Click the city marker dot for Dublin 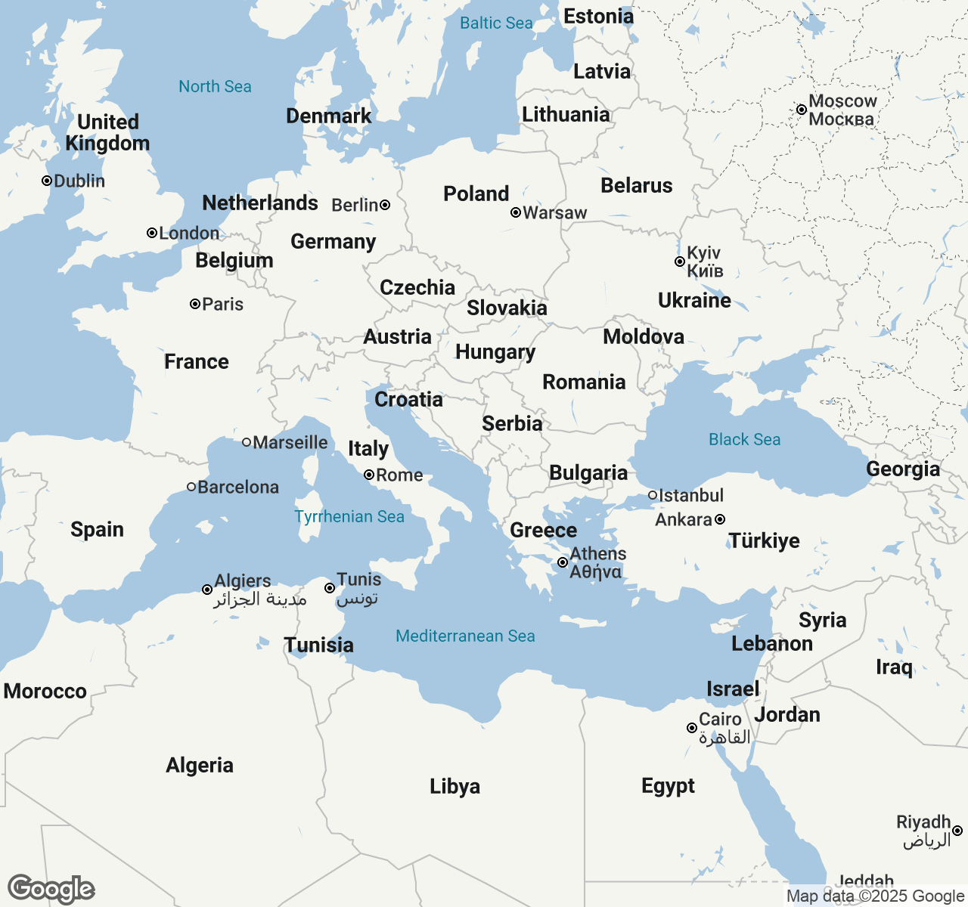click(47, 181)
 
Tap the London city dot click(152, 233)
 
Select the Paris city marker click(195, 304)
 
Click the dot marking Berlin click(385, 205)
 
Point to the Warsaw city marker click(516, 212)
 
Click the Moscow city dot click(802, 110)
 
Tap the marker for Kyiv click(680, 262)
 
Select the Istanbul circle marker click(653, 495)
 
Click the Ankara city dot click(720, 519)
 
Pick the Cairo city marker click(692, 728)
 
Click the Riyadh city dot click(957, 831)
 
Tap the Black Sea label click(744, 439)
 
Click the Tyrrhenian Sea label click(349, 516)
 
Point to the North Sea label click(215, 86)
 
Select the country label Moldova click(644, 336)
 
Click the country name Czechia click(417, 287)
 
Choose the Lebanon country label click(772, 643)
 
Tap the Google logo click(51, 889)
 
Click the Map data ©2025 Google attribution click(875, 896)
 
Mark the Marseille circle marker click(247, 442)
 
